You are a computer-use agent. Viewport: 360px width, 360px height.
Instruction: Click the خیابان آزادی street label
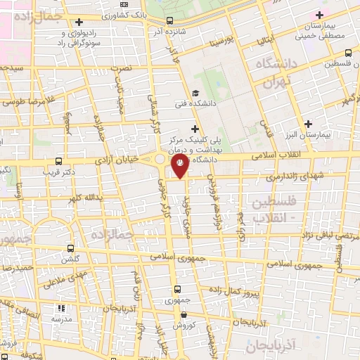[x=131, y=160]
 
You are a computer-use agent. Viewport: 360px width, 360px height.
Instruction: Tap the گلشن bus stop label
[x=70, y=259]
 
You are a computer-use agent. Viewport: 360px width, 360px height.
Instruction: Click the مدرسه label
[x=60, y=319]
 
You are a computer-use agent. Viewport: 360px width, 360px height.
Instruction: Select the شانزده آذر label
[x=161, y=32]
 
